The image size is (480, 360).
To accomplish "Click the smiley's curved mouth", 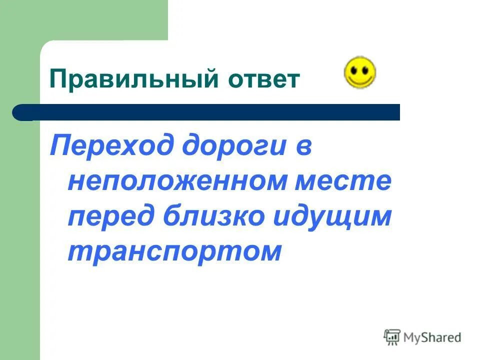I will pyautogui.click(x=360, y=80).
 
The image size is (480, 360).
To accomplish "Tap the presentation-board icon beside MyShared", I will pyautogui.click(x=392, y=337).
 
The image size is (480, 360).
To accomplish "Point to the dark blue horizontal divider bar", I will pyautogui.click(x=210, y=112).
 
